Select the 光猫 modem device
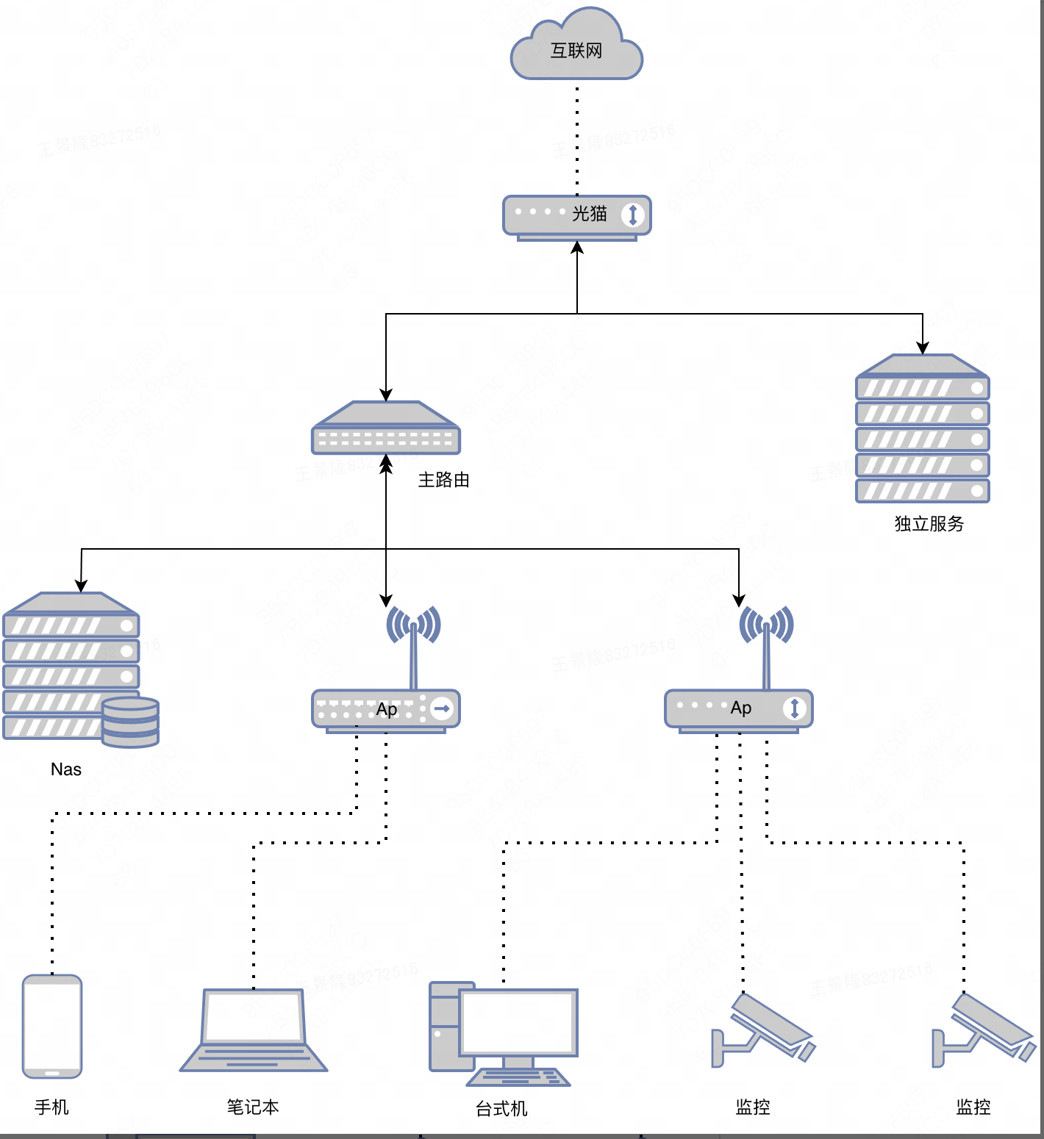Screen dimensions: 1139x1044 point(576,216)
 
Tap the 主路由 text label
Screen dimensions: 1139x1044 point(443,480)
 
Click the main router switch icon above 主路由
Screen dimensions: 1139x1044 point(386,429)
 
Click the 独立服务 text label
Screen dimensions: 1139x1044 point(929,524)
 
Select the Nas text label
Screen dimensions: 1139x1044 point(66,769)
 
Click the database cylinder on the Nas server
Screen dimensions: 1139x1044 point(131,722)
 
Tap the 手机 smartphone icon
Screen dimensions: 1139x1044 point(52,1026)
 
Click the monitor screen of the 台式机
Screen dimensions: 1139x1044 point(518,1021)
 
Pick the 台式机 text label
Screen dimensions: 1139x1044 point(501,1108)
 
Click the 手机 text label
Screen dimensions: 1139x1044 point(51,1107)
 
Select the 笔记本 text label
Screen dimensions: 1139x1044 point(253,1107)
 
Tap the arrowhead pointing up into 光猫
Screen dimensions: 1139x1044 point(577,248)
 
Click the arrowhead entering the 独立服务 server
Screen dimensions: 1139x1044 point(923,348)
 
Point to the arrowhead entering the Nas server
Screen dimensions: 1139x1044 point(81,586)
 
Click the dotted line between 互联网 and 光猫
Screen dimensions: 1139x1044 point(577,140)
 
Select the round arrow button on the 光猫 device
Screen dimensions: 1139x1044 point(632,215)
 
